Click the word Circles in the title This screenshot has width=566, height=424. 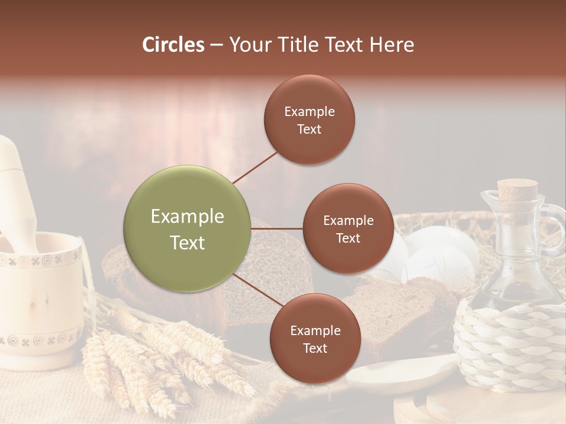pyautogui.click(x=173, y=45)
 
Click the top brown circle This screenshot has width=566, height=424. pyautogui.click(x=309, y=120)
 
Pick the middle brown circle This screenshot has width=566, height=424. pyautogui.click(x=348, y=228)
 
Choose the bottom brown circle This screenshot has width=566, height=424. pyautogui.click(x=315, y=339)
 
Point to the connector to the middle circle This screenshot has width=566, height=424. pyautogui.click(x=277, y=228)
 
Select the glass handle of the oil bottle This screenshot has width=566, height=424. pyautogui.click(x=554, y=227)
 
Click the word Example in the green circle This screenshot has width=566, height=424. pyautogui.click(x=187, y=217)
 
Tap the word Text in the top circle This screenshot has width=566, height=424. pyautogui.click(x=309, y=129)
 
